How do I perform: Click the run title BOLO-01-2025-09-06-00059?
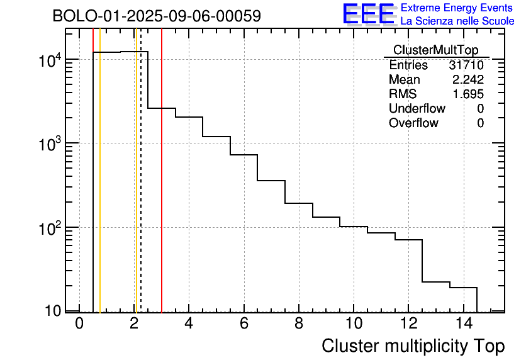click(x=157, y=16)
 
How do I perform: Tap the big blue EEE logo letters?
click(x=368, y=14)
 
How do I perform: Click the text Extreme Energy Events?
click(x=457, y=8)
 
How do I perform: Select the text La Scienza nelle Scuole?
click(x=457, y=21)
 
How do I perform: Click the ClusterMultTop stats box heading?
click(x=435, y=50)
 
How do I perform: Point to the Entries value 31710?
click(x=466, y=65)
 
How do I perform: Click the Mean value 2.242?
click(x=468, y=80)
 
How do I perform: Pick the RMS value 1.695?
click(x=468, y=94)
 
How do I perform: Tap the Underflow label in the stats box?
click(x=417, y=109)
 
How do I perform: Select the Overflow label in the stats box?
click(x=413, y=123)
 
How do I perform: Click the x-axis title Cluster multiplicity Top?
click(x=413, y=346)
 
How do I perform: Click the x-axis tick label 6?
click(x=243, y=325)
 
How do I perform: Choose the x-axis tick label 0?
click(x=79, y=325)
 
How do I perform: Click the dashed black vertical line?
click(x=141, y=189)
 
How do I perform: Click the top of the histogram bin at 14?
click(x=463, y=288)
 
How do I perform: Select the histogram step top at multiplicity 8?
click(x=298, y=203)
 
